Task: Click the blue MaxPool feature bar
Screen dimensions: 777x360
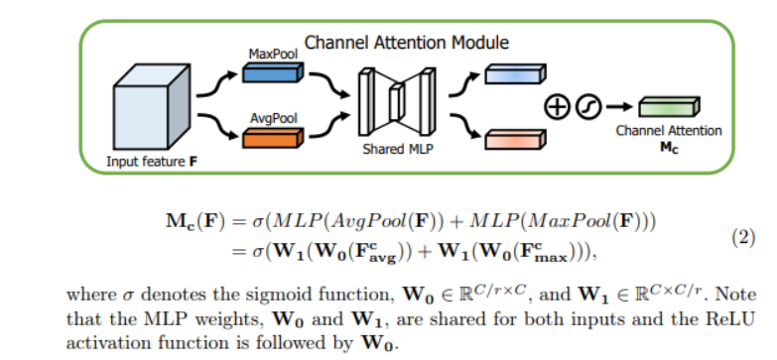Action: pyautogui.click(x=273, y=72)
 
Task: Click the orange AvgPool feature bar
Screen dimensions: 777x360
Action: pyautogui.click(x=273, y=138)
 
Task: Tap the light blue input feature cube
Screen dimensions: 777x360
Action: pyautogui.click(x=152, y=107)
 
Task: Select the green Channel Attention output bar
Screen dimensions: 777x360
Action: pyautogui.click(x=669, y=107)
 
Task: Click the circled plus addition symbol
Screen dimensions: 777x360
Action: pyautogui.click(x=558, y=107)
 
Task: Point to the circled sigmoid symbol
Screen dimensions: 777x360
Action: pyautogui.click(x=588, y=107)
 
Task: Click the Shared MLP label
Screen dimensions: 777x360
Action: pyautogui.click(x=397, y=149)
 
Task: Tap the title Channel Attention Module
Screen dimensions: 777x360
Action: pyautogui.click(x=406, y=43)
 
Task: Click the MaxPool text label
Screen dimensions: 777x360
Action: pyautogui.click(x=273, y=54)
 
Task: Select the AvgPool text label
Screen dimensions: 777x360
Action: pyautogui.click(x=274, y=119)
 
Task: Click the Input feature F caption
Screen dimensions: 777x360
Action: pyautogui.click(x=152, y=162)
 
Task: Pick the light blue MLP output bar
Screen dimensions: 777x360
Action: pyautogui.click(x=515, y=73)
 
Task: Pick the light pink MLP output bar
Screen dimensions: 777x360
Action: pyautogui.click(x=515, y=139)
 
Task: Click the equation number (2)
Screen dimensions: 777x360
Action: pyautogui.click(x=743, y=238)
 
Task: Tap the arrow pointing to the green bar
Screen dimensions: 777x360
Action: pyautogui.click(x=619, y=106)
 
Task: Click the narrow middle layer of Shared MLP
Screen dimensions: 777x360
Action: pyautogui.click(x=395, y=102)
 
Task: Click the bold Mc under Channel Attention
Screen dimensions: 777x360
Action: pyautogui.click(x=669, y=148)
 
